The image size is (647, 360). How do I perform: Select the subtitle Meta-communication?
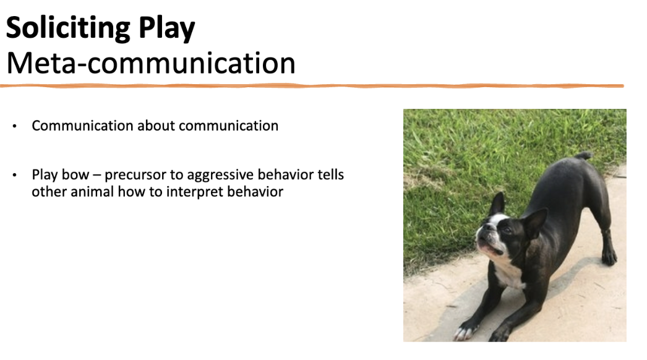point(150,63)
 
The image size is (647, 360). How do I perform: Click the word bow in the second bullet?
point(70,175)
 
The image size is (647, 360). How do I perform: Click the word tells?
point(330,175)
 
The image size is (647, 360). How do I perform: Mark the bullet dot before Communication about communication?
point(14,126)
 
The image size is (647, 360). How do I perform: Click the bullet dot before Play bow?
point(14,176)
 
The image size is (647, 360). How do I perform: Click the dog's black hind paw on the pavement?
point(609,256)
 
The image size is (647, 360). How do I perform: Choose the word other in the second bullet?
point(48,192)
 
